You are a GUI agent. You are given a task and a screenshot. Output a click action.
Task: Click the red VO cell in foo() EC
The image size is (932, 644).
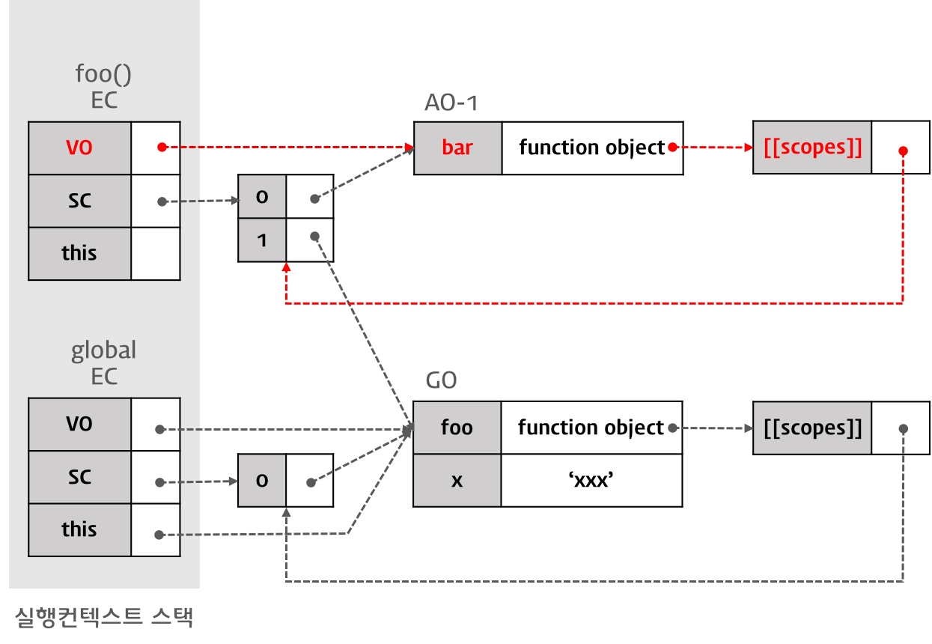pos(79,148)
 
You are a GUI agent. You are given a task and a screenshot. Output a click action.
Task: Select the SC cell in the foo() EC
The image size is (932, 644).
pos(79,201)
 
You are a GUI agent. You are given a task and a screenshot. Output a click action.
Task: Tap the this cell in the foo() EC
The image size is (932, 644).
pos(79,253)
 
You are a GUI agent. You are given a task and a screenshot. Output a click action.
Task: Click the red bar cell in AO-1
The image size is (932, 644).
pos(457,148)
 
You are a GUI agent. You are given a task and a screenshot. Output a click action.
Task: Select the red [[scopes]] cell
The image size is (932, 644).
pos(812,148)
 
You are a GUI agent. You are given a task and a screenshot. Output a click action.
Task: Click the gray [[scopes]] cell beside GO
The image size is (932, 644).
pos(812,428)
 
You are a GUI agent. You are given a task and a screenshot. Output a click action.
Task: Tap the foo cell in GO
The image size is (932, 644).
pos(457,428)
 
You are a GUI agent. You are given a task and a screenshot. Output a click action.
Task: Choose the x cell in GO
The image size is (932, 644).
pos(457,480)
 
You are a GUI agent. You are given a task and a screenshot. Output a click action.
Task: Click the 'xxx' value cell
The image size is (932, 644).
pos(591,480)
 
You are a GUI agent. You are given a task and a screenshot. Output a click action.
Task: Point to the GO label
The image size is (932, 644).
pos(441,380)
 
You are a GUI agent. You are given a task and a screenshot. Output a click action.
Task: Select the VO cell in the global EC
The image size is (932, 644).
pos(79,424)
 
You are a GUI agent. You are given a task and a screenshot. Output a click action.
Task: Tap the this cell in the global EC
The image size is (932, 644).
pos(79,529)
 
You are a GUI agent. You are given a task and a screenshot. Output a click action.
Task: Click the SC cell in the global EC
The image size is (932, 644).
pos(79,477)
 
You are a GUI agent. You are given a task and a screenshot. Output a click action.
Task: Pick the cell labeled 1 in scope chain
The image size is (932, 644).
pos(262,241)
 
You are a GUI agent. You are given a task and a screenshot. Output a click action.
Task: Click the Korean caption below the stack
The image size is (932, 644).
pos(104,616)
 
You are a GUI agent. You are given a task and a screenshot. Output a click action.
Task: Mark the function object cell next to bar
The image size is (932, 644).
pos(591,148)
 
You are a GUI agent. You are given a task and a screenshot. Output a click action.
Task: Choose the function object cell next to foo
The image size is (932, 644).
pos(591,428)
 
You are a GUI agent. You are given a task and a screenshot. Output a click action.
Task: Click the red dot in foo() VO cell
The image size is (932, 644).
pos(160,148)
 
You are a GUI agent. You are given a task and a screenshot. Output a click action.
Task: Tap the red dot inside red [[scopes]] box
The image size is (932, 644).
pos(903,151)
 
